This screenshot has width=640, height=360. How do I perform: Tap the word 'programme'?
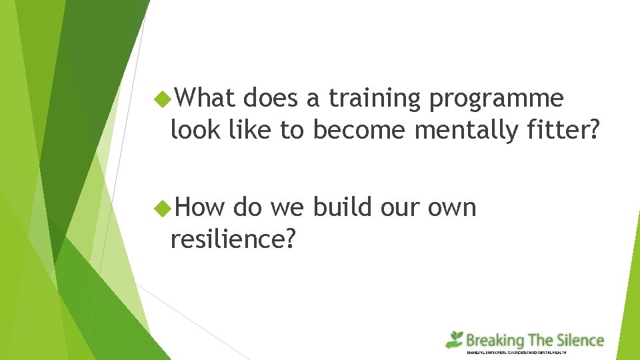click(x=496, y=99)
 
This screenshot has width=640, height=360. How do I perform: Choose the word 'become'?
click(x=359, y=130)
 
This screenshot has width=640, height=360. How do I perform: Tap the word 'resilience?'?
click(x=233, y=239)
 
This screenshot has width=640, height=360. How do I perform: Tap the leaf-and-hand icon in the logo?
click(x=455, y=339)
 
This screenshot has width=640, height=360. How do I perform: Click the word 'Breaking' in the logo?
click(x=495, y=341)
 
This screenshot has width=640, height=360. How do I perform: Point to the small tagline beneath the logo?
click(x=516, y=352)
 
